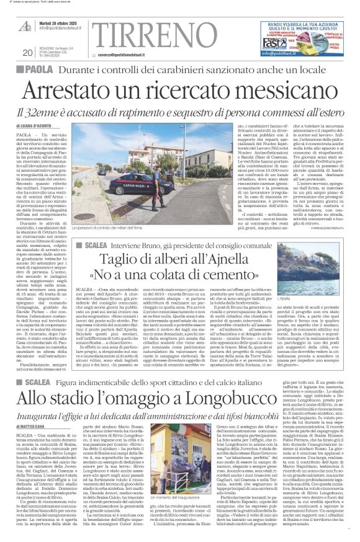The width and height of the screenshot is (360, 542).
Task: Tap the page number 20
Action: [27, 53]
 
